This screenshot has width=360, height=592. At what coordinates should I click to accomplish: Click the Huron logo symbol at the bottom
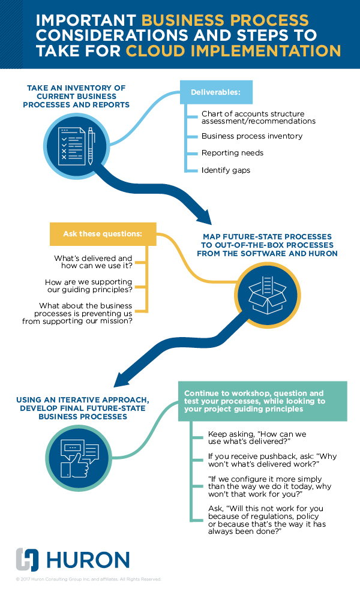[x=28, y=560]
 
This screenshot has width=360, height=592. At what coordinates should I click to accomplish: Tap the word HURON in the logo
[x=88, y=560]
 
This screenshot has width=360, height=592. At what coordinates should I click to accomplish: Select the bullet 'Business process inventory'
[x=251, y=136]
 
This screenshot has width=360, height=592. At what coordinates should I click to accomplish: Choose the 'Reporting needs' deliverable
[x=232, y=153]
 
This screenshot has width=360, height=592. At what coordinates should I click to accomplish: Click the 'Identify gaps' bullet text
[x=226, y=170]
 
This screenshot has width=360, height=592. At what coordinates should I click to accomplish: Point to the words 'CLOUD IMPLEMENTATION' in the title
[x=233, y=51]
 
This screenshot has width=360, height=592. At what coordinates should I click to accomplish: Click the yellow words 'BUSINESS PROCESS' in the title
[x=225, y=20]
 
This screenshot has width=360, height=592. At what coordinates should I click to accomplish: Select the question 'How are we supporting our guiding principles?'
[x=89, y=285]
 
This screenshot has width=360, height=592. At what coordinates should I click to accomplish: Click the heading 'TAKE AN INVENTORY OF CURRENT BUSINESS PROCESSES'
[x=76, y=96]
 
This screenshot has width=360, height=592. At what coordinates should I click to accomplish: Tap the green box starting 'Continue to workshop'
[x=262, y=401]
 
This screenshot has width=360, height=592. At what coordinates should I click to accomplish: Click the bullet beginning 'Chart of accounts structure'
[x=258, y=117]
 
